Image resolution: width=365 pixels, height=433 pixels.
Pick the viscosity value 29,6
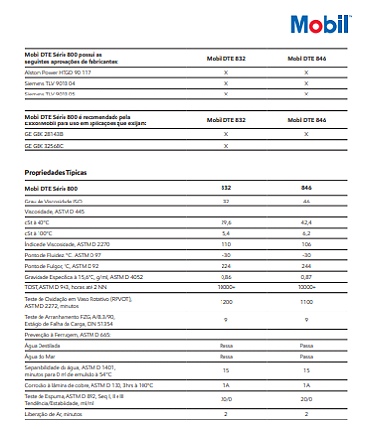click(x=226, y=222)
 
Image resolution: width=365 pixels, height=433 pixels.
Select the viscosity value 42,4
click(x=306, y=222)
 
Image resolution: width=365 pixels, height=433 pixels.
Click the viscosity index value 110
click(x=226, y=244)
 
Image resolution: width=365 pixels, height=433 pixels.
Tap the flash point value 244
click(x=306, y=265)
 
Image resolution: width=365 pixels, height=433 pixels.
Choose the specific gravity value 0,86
click(x=226, y=276)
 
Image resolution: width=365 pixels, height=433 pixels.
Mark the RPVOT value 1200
click(x=226, y=301)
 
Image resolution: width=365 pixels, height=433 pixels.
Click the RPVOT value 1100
click(x=306, y=301)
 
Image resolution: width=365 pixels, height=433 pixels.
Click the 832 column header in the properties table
click(x=226, y=189)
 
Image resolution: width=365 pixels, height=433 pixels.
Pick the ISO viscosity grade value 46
click(x=306, y=201)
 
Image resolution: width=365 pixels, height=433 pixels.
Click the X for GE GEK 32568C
click(x=226, y=146)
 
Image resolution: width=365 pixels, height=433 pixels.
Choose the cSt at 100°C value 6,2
click(x=306, y=233)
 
